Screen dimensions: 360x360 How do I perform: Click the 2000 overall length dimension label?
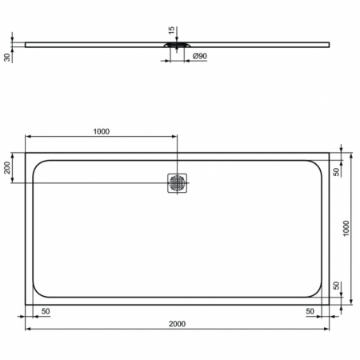pyautogui.click(x=178, y=323)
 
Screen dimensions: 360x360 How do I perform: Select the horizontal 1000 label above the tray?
pyautogui.click(x=101, y=132)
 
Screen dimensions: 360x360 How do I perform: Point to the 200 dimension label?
pyautogui.click(x=8, y=167)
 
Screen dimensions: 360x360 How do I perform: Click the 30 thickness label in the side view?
pyautogui.click(x=6, y=57)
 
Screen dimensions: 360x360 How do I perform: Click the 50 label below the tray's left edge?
pyautogui.click(x=45, y=310)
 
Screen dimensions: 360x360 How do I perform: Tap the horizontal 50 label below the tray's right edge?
pyautogui.click(x=310, y=310)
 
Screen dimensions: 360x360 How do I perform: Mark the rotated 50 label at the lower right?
pyautogui.click(x=337, y=286)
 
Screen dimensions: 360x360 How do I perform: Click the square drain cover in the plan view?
pyautogui.click(x=178, y=183)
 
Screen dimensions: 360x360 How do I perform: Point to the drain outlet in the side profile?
pyautogui.click(x=178, y=46)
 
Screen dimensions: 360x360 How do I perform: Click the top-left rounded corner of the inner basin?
pyautogui.click(x=38, y=166)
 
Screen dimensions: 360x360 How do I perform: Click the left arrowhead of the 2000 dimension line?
pyautogui.click(x=29, y=329)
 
